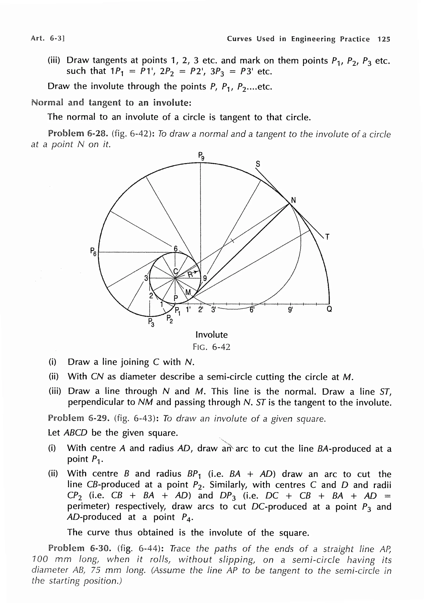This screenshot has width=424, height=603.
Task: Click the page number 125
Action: [384, 39]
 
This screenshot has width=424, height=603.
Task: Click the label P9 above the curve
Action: [201, 156]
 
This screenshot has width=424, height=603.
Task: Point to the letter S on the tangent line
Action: [258, 164]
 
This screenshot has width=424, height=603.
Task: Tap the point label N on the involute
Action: [293, 200]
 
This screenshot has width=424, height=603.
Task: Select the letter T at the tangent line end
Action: [327, 237]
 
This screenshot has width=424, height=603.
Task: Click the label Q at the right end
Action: [329, 309]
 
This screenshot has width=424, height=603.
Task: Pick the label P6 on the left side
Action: [93, 252]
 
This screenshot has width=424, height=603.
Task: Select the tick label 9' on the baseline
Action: [290, 310]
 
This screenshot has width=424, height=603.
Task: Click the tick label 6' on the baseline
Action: [252, 310]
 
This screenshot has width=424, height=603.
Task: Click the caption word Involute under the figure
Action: [211, 335]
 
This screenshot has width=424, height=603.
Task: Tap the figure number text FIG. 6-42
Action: [211, 347]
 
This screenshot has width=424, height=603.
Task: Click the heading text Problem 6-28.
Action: [78, 134]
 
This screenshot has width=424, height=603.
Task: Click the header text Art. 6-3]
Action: [48, 38]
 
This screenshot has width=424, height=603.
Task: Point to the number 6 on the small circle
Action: [176, 249]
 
